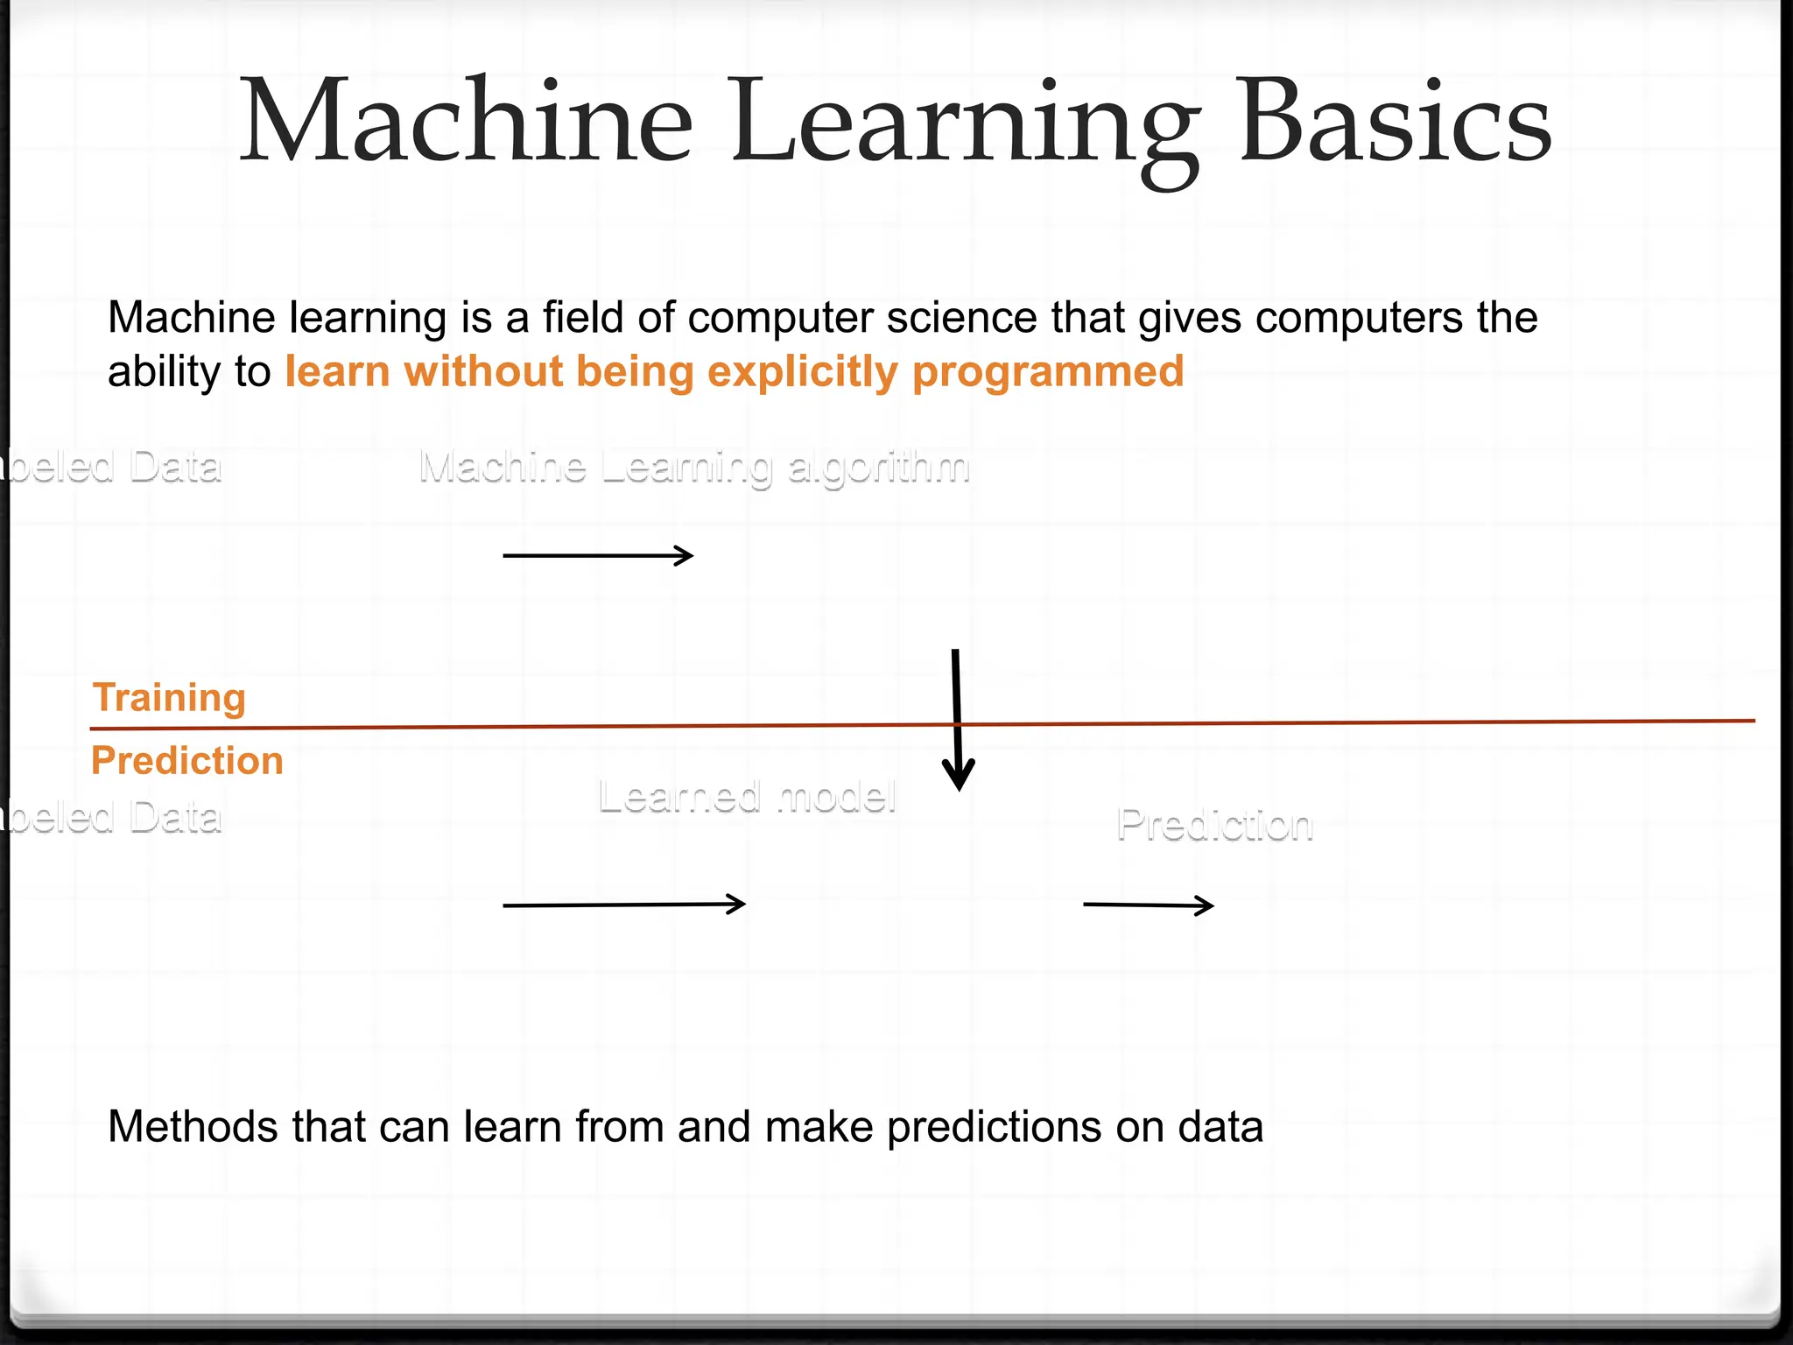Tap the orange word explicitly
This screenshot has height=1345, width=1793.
tap(802, 371)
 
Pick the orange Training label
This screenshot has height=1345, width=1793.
tap(169, 698)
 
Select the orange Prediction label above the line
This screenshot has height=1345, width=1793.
tap(187, 760)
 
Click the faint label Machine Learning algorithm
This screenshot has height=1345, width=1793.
tap(694, 467)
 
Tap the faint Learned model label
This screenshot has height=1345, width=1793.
tap(747, 797)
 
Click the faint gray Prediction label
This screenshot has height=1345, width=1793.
tap(1215, 825)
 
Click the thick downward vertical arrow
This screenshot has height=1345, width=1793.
tap(957, 718)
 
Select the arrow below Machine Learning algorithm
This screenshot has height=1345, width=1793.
tap(598, 555)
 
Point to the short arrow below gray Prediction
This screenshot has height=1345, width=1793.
tap(1149, 905)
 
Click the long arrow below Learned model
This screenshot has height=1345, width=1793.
tap(624, 905)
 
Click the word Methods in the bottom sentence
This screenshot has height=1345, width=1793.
tap(193, 1126)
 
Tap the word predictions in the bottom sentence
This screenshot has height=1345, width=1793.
tap(993, 1127)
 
